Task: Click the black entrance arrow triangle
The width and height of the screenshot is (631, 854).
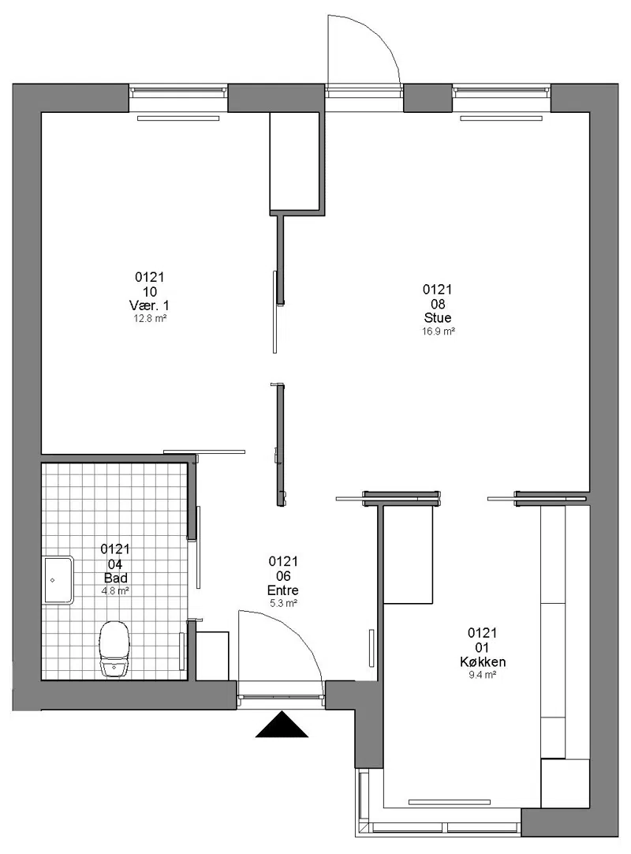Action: (282, 725)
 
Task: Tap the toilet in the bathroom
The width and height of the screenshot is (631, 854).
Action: (114, 649)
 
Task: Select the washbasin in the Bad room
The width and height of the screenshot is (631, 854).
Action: (58, 580)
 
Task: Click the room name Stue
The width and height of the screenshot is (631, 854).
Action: (438, 317)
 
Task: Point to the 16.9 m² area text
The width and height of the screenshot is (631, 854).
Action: (439, 331)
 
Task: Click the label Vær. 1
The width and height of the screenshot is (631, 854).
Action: (149, 305)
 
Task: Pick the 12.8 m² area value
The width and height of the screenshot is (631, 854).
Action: (150, 319)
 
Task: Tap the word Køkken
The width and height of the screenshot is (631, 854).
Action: (483, 661)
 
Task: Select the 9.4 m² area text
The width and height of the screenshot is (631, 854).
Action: (483, 675)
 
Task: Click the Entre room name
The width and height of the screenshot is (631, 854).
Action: (283, 590)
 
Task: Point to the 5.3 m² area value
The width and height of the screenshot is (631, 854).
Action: (283, 604)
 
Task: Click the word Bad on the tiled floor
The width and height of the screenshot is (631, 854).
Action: (115, 578)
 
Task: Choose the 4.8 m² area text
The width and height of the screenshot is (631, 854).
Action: (115, 591)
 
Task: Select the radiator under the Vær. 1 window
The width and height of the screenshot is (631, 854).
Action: (178, 118)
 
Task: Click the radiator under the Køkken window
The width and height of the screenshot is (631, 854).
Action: (449, 802)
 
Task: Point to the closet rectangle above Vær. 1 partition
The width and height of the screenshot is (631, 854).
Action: (294, 162)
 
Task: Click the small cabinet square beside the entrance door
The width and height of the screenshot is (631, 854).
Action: (212, 656)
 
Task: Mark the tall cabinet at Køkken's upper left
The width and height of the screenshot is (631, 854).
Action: (408, 554)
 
